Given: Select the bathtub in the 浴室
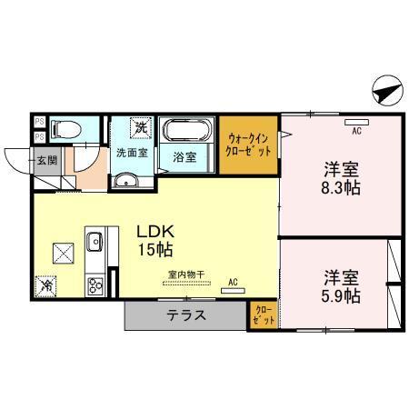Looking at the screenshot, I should (187, 132).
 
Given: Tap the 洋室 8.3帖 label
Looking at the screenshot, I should (342, 178).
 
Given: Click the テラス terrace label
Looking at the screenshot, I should (185, 316).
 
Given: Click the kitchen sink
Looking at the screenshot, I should (94, 242).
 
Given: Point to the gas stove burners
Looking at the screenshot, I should (94, 285).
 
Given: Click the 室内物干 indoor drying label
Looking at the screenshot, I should (185, 274).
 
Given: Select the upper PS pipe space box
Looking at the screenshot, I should (39, 121).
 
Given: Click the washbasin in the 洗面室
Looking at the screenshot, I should (125, 180).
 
